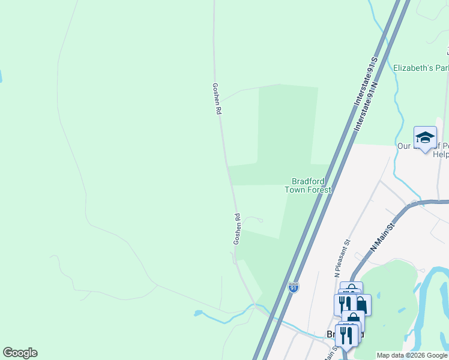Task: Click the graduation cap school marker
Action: pos(425,137)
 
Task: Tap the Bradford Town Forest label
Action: pos(308,185)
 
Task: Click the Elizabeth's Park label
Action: pos(421,68)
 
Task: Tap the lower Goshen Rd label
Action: pos(237,229)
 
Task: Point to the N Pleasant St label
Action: pos(340,259)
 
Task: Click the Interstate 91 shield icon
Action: pos(293,288)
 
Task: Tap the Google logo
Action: pos(20,353)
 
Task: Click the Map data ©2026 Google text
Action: pos(412,355)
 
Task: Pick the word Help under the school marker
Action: pos(441,154)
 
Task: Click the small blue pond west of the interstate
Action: pos(198,313)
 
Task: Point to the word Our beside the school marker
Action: pos(403,146)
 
